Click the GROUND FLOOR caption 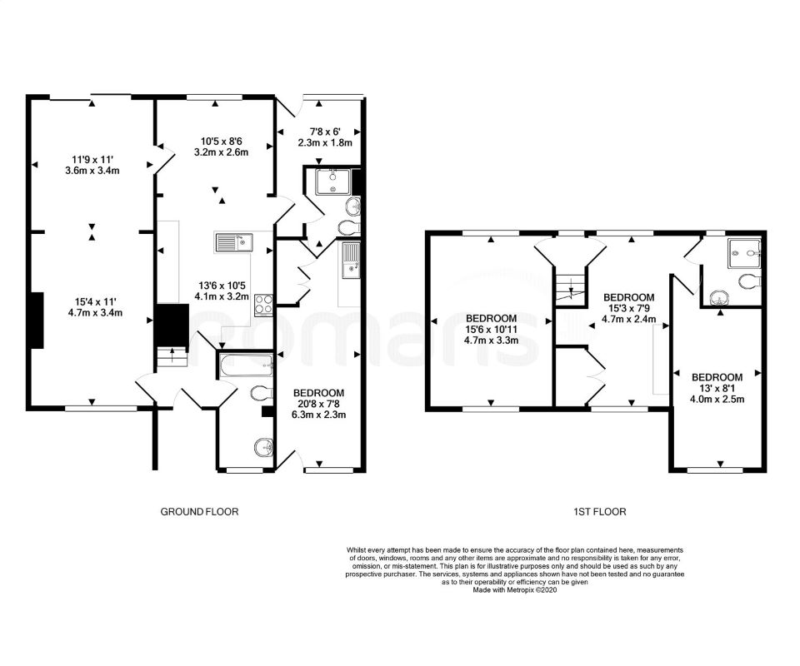(x=199, y=512)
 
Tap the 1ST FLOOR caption (x=599, y=512)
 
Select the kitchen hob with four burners (x=263, y=305)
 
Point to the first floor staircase (x=570, y=290)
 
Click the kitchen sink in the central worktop (x=234, y=242)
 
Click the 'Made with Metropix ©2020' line (x=515, y=590)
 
